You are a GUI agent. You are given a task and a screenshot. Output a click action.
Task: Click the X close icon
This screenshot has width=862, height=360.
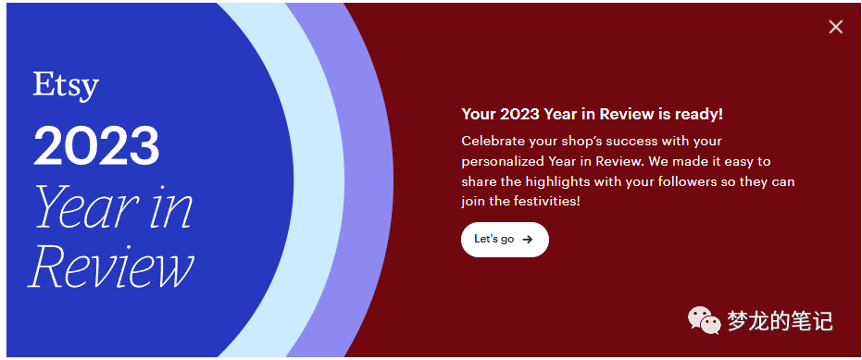[x=836, y=27]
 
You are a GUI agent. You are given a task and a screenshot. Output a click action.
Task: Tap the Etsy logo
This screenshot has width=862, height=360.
[x=66, y=85]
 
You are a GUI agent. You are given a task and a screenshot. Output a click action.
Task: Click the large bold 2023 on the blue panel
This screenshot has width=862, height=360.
[x=97, y=146]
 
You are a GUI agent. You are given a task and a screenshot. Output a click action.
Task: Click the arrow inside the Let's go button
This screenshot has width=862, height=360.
[x=528, y=239]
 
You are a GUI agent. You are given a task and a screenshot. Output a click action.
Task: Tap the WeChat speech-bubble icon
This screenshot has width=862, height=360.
[x=704, y=320]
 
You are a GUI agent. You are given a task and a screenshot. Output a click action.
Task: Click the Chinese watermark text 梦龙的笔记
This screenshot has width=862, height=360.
[x=781, y=320]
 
